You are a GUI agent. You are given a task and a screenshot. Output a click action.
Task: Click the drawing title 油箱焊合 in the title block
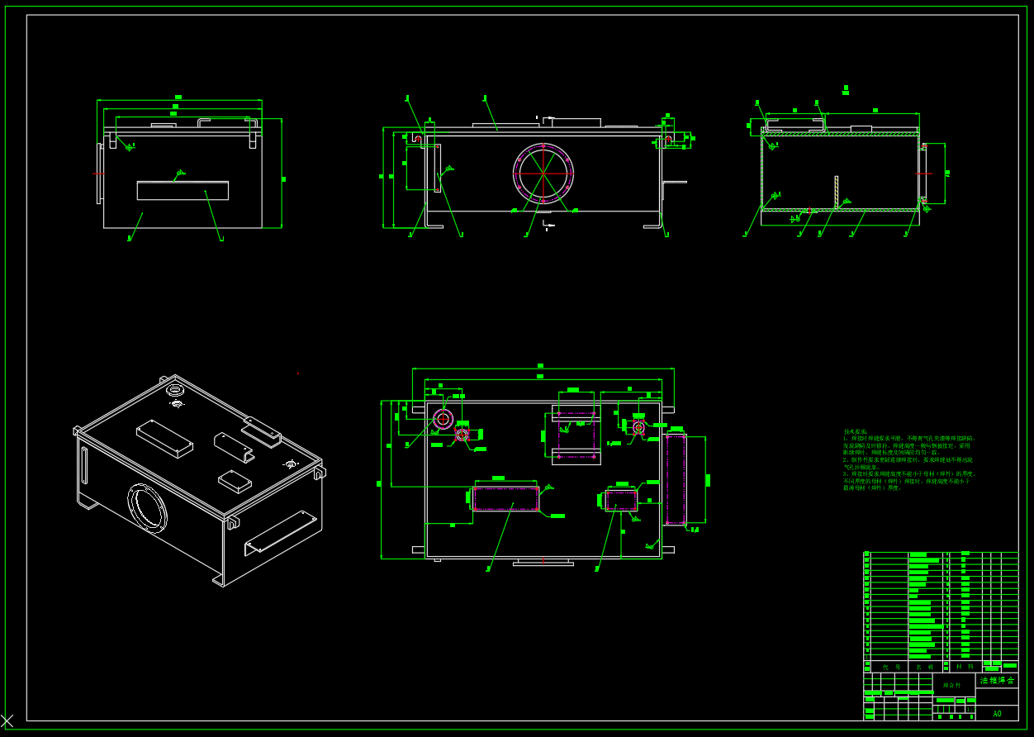(x=997, y=680)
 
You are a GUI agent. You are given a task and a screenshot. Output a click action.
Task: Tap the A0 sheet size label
(x=997, y=713)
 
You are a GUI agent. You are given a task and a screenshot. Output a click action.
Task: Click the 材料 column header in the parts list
(x=964, y=666)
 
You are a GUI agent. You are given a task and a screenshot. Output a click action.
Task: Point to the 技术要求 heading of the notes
(x=855, y=431)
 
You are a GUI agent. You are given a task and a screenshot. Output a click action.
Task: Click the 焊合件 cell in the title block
(x=952, y=685)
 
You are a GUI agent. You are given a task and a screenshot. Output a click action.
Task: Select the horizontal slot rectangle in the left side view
(x=183, y=191)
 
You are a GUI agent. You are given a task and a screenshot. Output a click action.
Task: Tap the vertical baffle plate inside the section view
(x=836, y=192)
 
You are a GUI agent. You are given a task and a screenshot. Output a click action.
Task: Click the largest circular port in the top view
(x=443, y=419)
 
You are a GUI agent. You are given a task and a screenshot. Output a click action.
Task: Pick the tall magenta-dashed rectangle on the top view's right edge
(x=676, y=479)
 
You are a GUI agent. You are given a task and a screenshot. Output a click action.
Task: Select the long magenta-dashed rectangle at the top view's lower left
(x=505, y=498)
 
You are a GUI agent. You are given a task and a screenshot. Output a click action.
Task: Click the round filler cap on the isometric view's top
(x=175, y=389)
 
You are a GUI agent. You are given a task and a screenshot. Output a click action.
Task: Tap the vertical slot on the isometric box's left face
(x=84, y=467)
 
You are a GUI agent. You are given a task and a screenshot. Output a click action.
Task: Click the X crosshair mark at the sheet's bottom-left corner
(x=7, y=720)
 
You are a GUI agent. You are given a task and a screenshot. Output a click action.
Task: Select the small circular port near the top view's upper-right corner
(x=638, y=427)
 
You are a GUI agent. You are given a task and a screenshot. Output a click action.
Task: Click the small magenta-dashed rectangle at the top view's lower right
(x=621, y=500)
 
